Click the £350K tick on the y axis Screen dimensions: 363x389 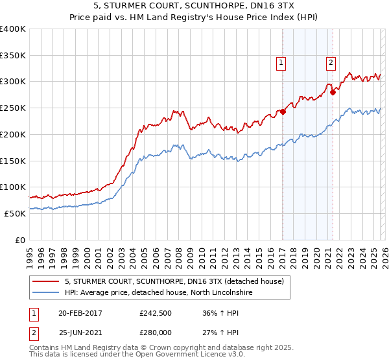13,56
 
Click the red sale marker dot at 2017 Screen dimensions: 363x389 283,111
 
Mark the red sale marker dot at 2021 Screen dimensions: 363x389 333,92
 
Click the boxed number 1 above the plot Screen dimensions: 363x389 281,63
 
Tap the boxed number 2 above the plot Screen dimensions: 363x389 331,63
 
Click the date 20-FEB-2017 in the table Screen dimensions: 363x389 80,312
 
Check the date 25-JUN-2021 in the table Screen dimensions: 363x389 80,333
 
